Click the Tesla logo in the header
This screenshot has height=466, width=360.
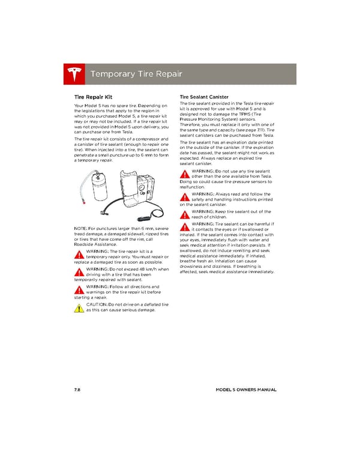click(x=75, y=74)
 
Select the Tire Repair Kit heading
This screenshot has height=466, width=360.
click(x=92, y=96)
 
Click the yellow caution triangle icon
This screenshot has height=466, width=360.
click(x=79, y=308)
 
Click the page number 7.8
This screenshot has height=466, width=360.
click(x=77, y=390)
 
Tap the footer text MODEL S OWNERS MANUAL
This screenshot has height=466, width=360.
click(x=245, y=390)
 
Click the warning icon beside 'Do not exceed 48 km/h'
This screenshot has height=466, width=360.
click(x=79, y=272)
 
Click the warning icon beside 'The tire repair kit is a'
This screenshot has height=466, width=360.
click(x=79, y=254)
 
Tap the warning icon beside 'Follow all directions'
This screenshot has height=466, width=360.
click(x=79, y=290)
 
